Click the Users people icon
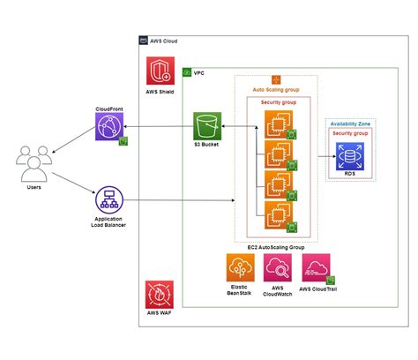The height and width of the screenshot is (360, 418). [x=32, y=162]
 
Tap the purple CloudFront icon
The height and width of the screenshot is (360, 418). [x=108, y=131]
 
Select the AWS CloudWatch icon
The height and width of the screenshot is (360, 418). [x=278, y=267]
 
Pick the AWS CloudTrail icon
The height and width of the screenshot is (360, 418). [x=316, y=267]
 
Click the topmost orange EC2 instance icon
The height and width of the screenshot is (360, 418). [x=275, y=126]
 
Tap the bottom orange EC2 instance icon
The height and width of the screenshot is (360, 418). [x=275, y=212]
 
